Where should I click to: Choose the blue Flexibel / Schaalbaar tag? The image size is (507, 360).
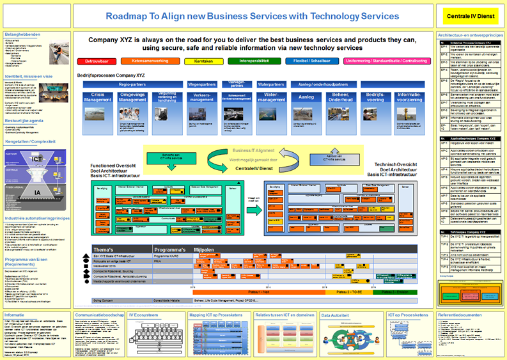[x=304, y=61]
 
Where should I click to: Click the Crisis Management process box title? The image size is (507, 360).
[x=97, y=97]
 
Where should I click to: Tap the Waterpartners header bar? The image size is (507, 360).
[x=271, y=84]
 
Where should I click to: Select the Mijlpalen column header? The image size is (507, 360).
[x=204, y=249]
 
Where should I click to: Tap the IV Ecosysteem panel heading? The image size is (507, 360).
[x=144, y=315]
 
